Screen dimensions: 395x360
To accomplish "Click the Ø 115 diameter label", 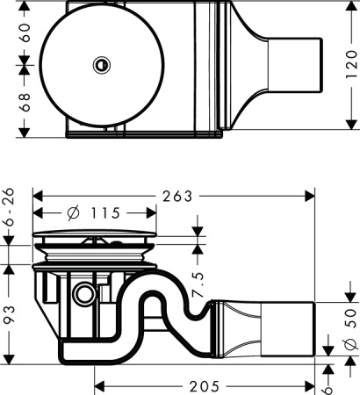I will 93,213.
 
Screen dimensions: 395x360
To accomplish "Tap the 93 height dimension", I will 10,314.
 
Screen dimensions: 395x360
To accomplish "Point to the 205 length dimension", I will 205,385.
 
